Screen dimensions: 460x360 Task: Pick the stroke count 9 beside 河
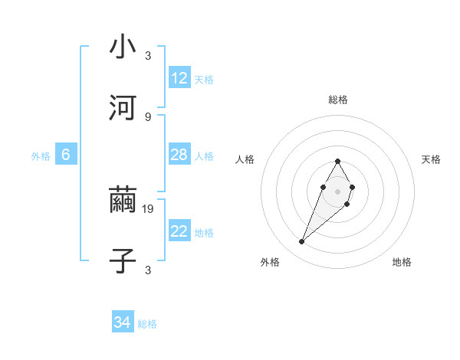[x=148, y=116]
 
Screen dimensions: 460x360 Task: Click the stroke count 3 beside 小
[x=148, y=55]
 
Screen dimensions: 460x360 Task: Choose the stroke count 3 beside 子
[x=148, y=270]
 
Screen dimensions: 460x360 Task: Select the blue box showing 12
[x=179, y=78]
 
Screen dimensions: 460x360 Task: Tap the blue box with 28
[x=179, y=155]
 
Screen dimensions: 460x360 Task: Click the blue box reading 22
[x=179, y=231]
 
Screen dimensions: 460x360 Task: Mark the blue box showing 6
[x=66, y=155]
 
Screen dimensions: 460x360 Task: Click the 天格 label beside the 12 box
[x=204, y=80]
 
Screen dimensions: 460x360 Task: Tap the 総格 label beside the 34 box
[x=147, y=325]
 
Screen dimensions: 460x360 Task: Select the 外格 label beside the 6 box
[x=41, y=156]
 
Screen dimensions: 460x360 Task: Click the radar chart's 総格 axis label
[x=338, y=100]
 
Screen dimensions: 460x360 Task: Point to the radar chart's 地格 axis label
[x=402, y=262]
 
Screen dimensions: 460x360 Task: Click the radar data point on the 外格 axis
[x=301, y=242]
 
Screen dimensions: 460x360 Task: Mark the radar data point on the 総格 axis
[x=337, y=161]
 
